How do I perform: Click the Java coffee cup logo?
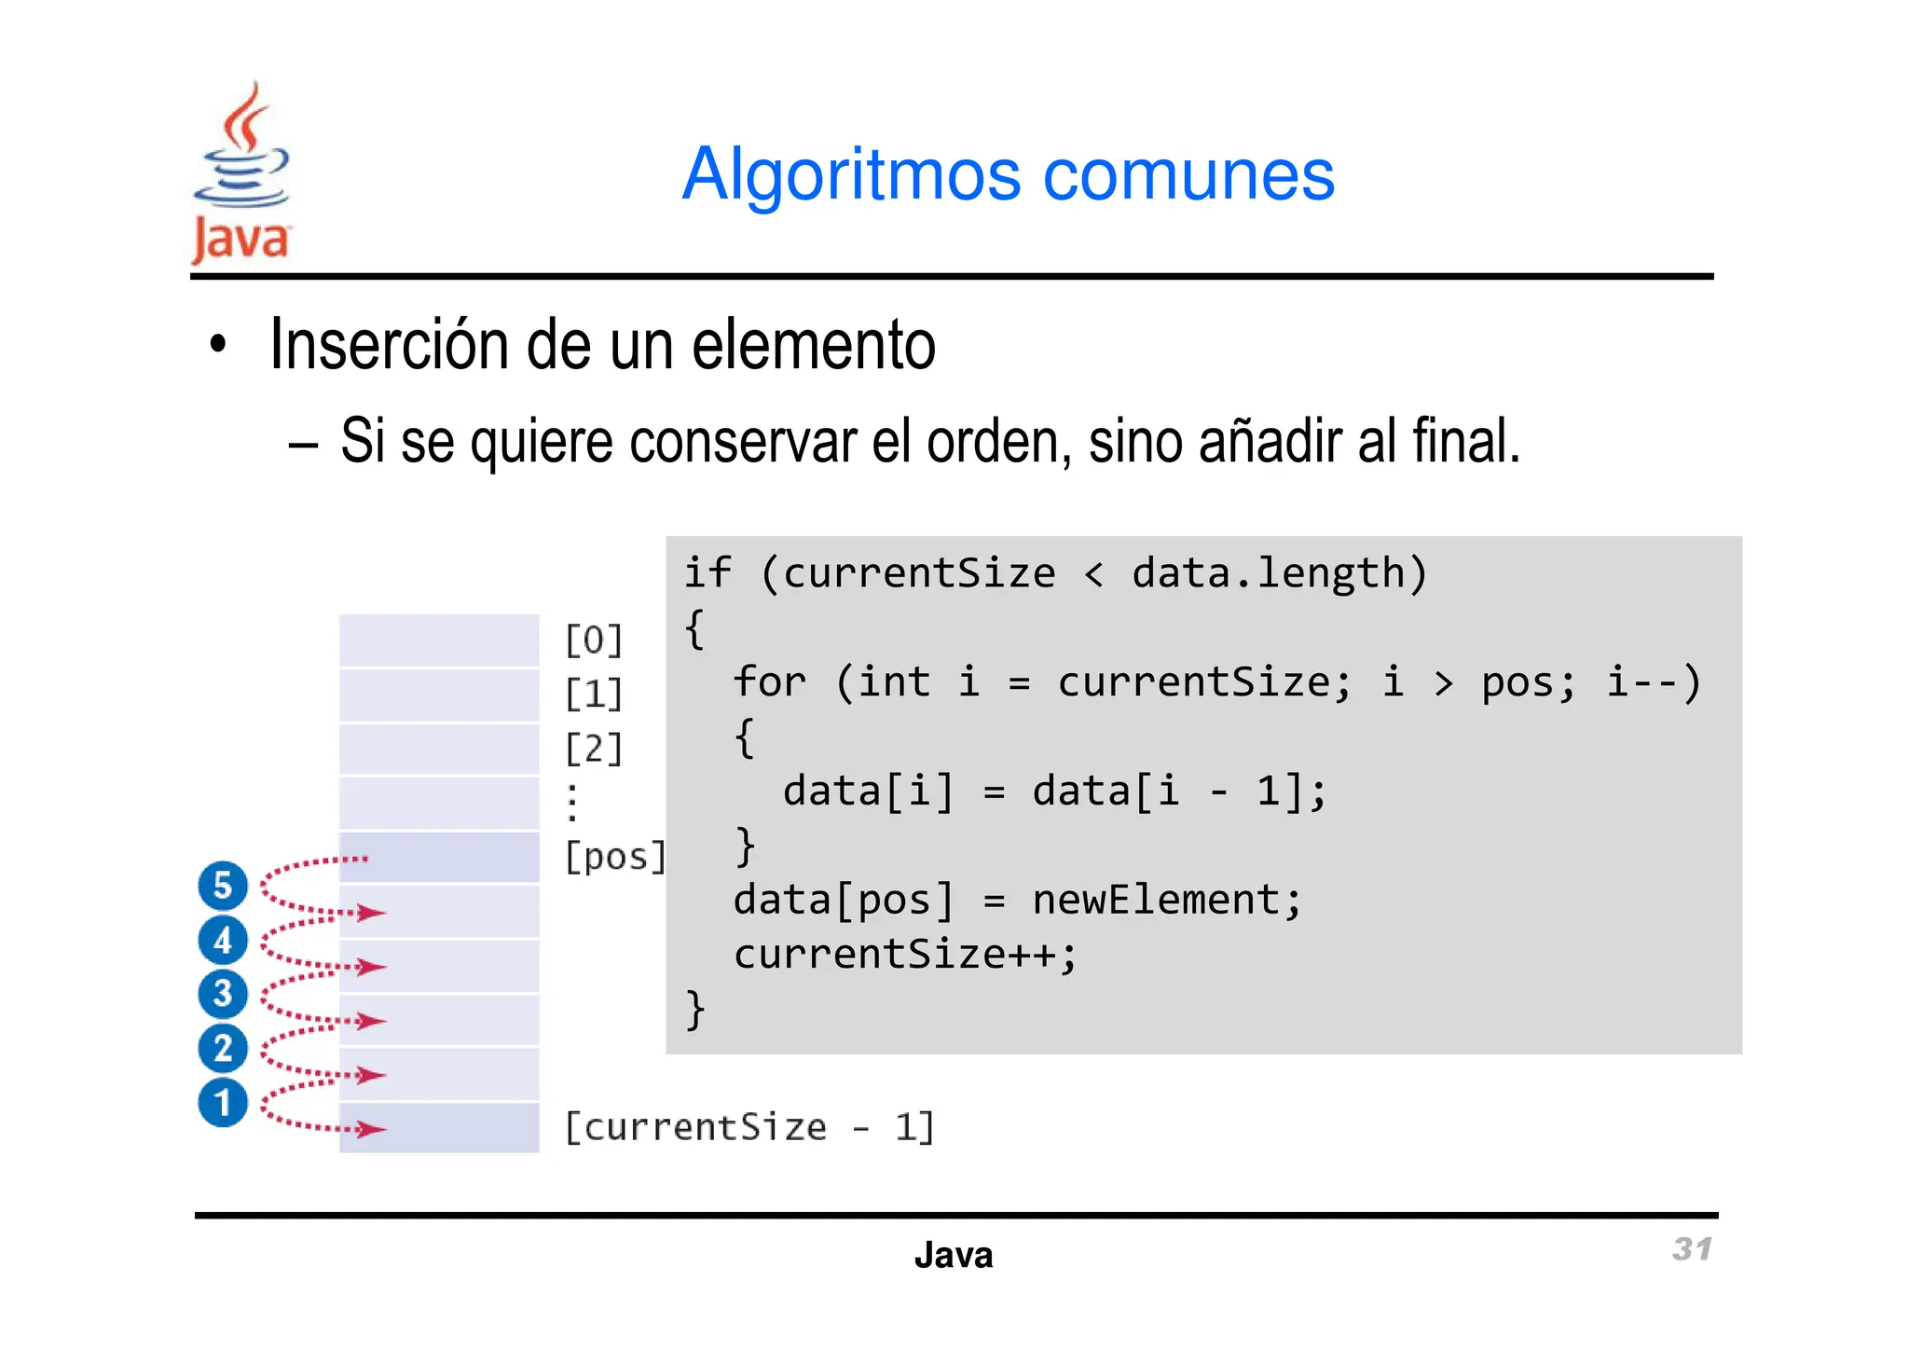pyautogui.click(x=241, y=172)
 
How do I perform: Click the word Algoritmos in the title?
pyautogui.click(x=851, y=174)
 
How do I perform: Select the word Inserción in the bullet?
pyautogui.click(x=390, y=345)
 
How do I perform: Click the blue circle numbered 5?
pyautogui.click(x=223, y=885)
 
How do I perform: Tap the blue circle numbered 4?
pyautogui.click(x=223, y=940)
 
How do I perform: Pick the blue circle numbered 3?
pyautogui.click(x=223, y=994)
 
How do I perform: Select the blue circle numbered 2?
pyautogui.click(x=223, y=1048)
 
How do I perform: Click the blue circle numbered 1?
pyautogui.click(x=223, y=1103)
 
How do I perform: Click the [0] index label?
pyautogui.click(x=594, y=640)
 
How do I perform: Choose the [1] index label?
pyautogui.click(x=594, y=694)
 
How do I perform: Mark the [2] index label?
pyautogui.click(x=594, y=748)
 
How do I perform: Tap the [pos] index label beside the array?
pyautogui.click(x=615, y=857)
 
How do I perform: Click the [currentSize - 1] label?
pyautogui.click(x=749, y=1127)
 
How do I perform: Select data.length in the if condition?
pyautogui.click(x=1268, y=572)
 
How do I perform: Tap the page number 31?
pyautogui.click(x=1692, y=1249)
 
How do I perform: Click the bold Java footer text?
pyautogui.click(x=954, y=1255)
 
